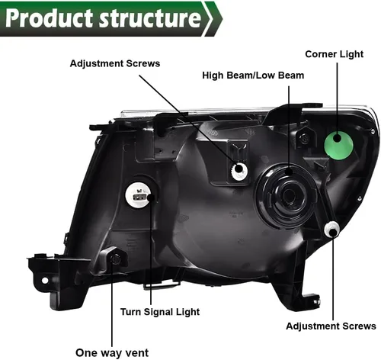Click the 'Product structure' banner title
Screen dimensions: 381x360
click(103, 18)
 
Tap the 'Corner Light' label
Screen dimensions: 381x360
click(334, 54)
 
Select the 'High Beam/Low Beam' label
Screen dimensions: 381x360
click(253, 76)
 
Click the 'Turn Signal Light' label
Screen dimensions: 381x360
click(160, 312)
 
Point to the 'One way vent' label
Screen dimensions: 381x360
click(112, 353)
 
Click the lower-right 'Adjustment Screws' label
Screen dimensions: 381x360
click(331, 326)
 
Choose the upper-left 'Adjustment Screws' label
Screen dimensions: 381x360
click(115, 63)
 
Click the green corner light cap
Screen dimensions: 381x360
click(338, 146)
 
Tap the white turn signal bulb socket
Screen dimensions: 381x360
click(137, 195)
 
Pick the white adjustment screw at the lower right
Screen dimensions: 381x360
click(331, 229)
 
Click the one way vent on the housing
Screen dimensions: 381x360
click(115, 259)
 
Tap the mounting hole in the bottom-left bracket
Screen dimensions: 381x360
click(45, 281)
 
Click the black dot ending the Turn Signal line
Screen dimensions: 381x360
click(151, 198)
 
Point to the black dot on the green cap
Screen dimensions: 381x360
click(338, 138)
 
